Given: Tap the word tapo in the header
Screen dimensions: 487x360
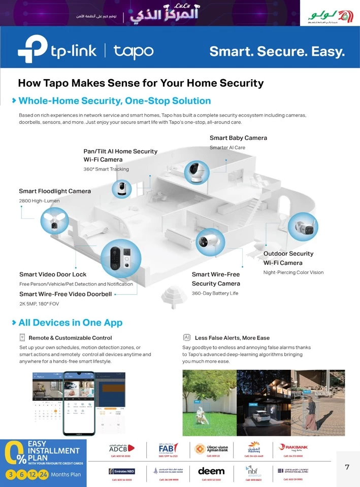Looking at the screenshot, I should click(133, 51).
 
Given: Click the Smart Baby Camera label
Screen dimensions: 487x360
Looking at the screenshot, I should click(238, 138).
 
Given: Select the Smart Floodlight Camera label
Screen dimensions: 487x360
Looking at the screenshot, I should click(55, 191).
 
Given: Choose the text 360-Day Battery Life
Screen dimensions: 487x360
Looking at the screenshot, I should click(215, 294).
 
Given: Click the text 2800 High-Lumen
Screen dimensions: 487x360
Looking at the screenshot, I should click(39, 201).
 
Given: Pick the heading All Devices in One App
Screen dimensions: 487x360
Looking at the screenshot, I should click(70, 323).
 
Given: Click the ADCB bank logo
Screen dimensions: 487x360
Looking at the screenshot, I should click(121, 448).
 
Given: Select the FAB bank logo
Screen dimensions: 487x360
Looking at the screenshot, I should click(168, 448).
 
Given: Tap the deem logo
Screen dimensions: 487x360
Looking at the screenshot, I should click(211, 471).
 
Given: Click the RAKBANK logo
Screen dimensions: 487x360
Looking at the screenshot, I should click(293, 447).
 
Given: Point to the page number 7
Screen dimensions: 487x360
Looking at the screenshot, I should click(347, 467).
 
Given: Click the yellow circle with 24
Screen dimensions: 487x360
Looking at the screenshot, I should click(44, 475).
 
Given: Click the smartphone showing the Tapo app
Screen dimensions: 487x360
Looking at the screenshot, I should click(79, 403).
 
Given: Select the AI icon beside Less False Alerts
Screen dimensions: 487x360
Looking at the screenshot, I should click(186, 337).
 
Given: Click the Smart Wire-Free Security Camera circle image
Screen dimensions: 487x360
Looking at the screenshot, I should click(210, 242).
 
